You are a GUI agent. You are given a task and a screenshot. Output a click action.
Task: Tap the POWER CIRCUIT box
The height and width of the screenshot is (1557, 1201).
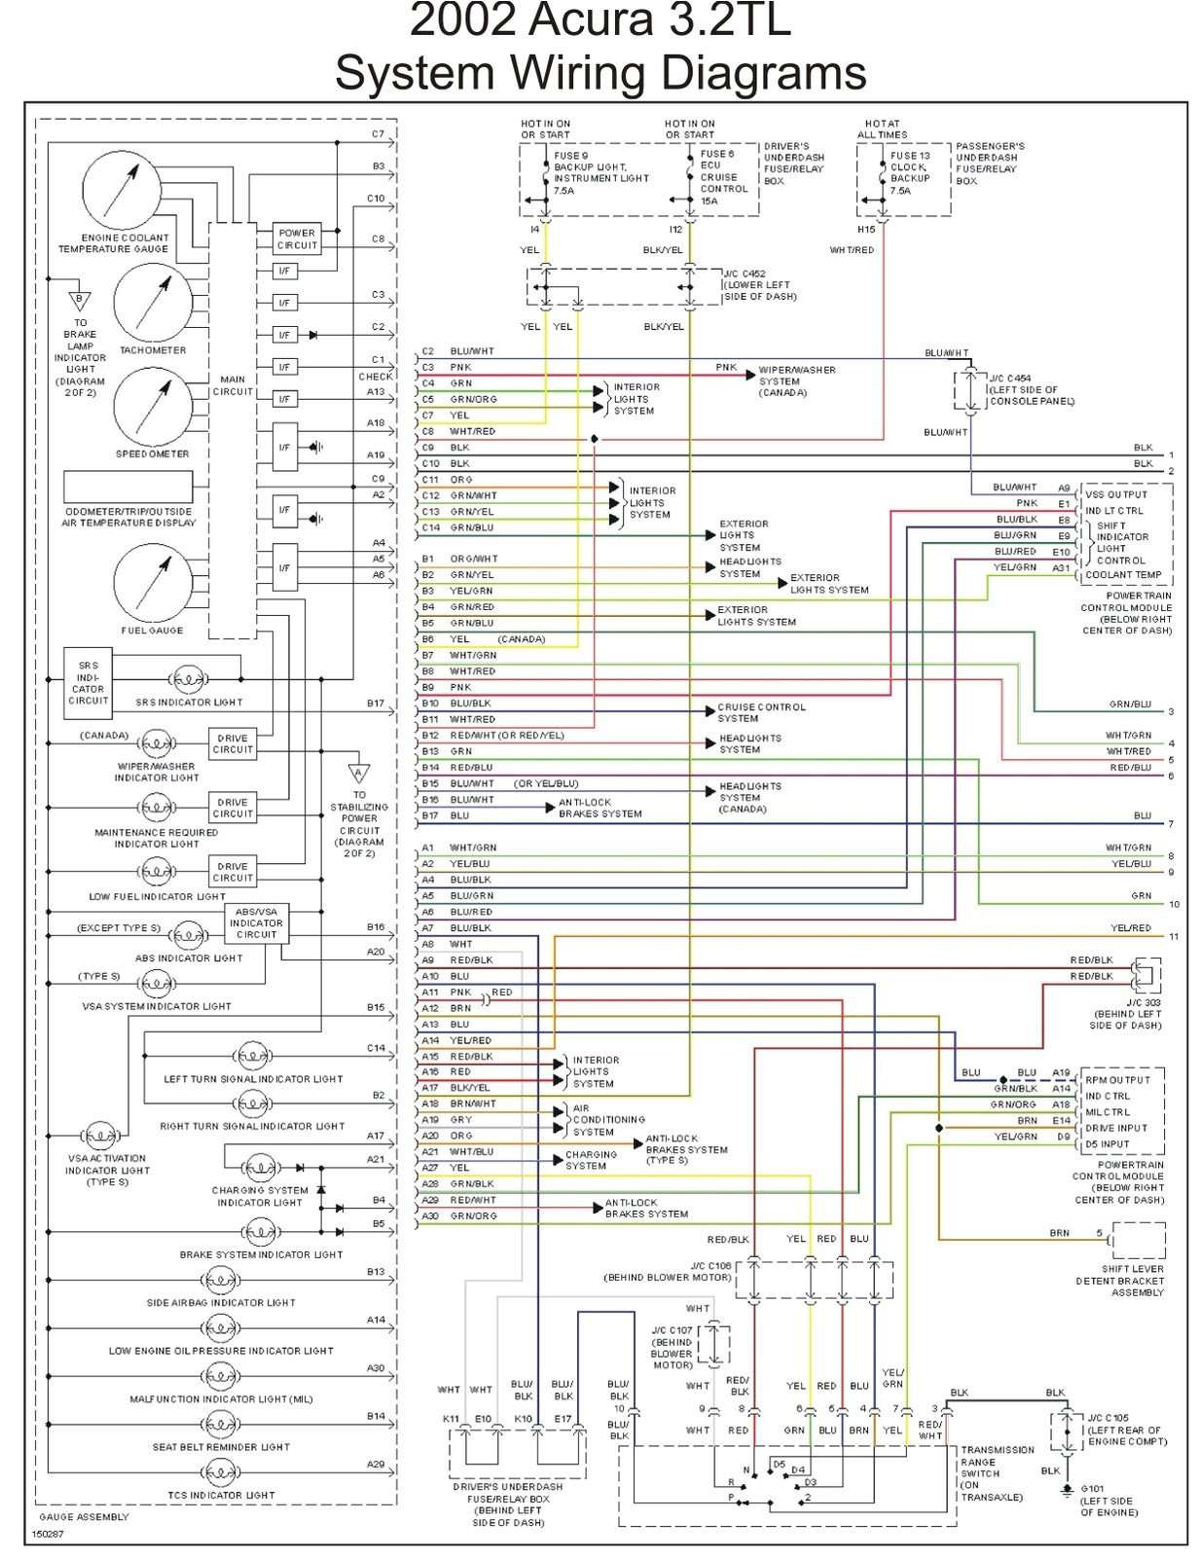click(297, 239)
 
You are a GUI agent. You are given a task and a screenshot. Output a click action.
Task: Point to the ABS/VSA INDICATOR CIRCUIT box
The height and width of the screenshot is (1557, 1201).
click(256, 923)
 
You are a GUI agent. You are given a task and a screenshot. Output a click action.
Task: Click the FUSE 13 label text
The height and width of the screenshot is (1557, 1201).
click(910, 156)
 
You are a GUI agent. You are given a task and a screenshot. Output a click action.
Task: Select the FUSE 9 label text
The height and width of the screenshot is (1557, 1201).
click(571, 156)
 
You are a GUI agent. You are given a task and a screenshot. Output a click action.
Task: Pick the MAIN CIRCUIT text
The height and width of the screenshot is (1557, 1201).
click(233, 385)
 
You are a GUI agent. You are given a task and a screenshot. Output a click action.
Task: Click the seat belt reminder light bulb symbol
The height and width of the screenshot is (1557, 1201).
click(220, 1424)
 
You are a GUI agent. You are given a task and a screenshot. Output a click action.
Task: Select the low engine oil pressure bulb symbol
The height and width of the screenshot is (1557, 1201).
click(220, 1327)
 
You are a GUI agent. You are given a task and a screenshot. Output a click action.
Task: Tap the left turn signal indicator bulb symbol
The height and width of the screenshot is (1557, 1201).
click(253, 1056)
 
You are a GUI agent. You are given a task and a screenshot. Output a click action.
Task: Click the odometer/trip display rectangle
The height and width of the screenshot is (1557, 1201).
click(127, 487)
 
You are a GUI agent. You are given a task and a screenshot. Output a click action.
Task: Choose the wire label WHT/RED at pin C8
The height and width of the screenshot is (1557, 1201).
click(472, 431)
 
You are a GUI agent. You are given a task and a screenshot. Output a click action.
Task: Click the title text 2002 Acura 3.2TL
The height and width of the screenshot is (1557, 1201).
click(600, 21)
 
